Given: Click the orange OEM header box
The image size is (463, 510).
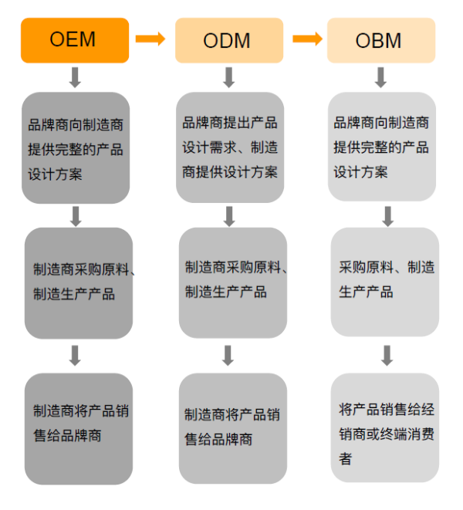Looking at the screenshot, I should tap(75, 39).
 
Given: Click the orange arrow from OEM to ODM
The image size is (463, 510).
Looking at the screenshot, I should tap(150, 39).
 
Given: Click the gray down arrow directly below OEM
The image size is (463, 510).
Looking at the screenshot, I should tap(75, 77).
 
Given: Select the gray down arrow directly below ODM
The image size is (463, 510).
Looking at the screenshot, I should tap(228, 77).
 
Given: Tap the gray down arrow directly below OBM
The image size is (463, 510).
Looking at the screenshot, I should tap(381, 77).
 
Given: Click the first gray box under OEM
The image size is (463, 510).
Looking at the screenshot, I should tap(76, 147).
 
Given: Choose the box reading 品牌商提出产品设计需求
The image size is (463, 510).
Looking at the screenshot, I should tap(228, 147).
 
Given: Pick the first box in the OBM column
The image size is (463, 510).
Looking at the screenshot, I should tap(381, 147).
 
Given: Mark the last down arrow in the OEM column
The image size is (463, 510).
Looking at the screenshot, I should tap(75, 356).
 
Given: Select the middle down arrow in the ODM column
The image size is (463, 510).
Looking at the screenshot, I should tap(228, 216).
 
